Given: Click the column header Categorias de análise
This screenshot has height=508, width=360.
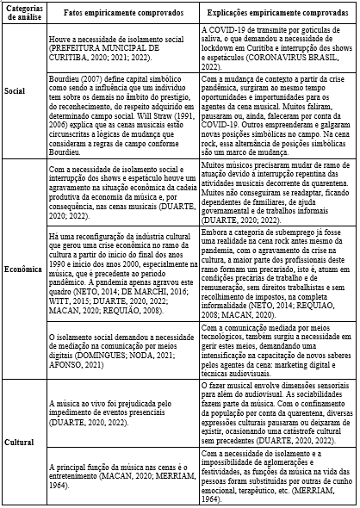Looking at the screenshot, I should coord(22,15).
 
